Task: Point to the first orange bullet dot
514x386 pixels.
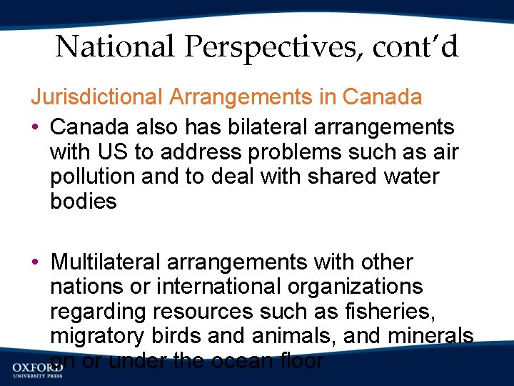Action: pyautogui.click(x=35, y=127)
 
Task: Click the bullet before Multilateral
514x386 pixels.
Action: pyautogui.click(x=35, y=262)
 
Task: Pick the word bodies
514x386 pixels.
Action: pyautogui.click(x=84, y=201)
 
